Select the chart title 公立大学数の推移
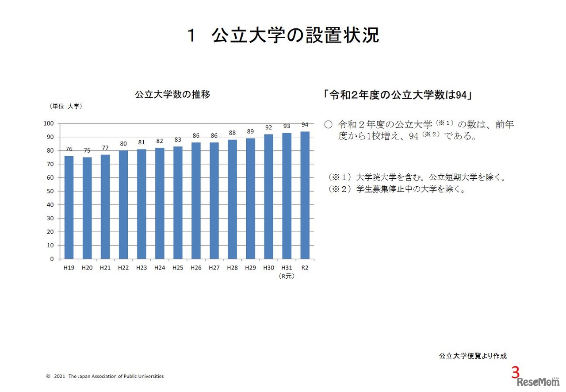pyautogui.click(x=172, y=94)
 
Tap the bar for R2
pyautogui.click(x=305, y=195)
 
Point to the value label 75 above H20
pyautogui.click(x=87, y=150)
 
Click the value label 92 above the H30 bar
pyautogui.click(x=268, y=127)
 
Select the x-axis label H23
pyautogui.click(x=141, y=268)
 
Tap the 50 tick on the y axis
pyautogui.click(x=50, y=191)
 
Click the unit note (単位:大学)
pyautogui.click(x=65, y=106)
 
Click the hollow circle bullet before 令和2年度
pyautogui.click(x=328, y=125)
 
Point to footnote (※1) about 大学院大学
pyautogui.click(x=416, y=177)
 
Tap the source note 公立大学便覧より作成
pyautogui.click(x=472, y=356)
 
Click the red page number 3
pyautogui.click(x=515, y=373)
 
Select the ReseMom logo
pyautogui.click(x=538, y=382)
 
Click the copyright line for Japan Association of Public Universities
pyautogui.click(x=105, y=377)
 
